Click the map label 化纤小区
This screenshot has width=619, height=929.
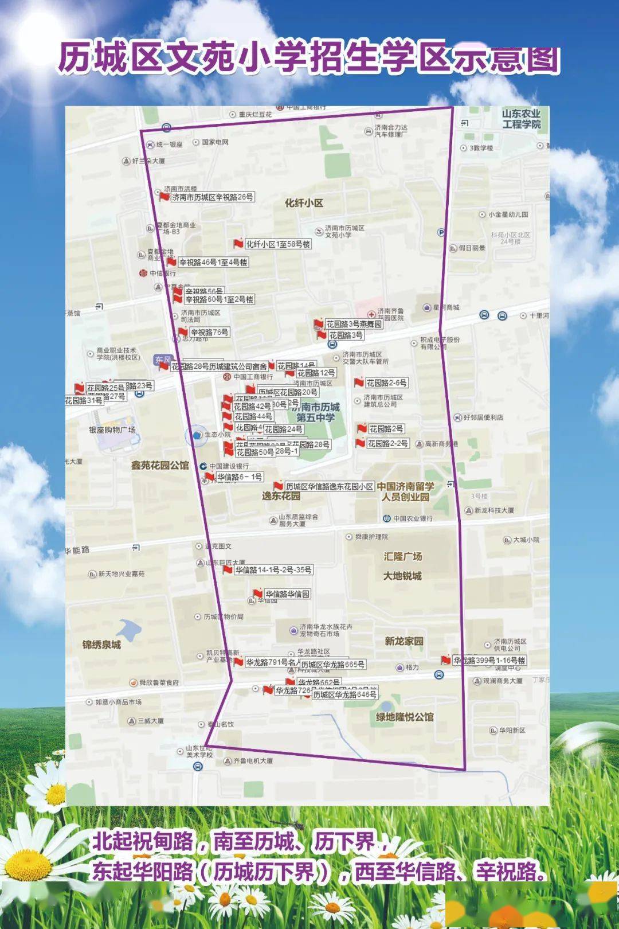(x=304, y=203)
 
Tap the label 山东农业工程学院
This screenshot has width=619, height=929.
(x=521, y=119)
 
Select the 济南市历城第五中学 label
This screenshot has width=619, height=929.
(x=316, y=412)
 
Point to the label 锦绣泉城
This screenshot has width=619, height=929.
(x=101, y=645)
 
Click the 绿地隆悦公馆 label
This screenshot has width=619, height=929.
(x=405, y=717)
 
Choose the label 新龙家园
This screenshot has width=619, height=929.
(x=403, y=641)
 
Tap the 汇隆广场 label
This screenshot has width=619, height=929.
(x=402, y=556)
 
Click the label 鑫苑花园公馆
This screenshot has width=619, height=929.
(x=159, y=465)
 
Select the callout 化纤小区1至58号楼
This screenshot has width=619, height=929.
(x=278, y=244)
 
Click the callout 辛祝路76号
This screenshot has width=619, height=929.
(x=209, y=332)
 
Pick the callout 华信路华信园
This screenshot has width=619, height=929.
(x=287, y=594)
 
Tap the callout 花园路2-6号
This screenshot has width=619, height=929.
(x=387, y=382)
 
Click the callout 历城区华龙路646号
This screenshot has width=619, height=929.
(x=344, y=694)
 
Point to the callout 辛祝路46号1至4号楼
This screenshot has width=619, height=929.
(x=213, y=262)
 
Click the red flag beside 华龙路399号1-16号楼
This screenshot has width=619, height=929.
(x=445, y=660)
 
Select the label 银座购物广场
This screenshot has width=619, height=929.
(x=112, y=430)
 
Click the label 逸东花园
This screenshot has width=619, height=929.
(x=281, y=496)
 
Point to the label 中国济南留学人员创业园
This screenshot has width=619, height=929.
(x=405, y=491)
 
